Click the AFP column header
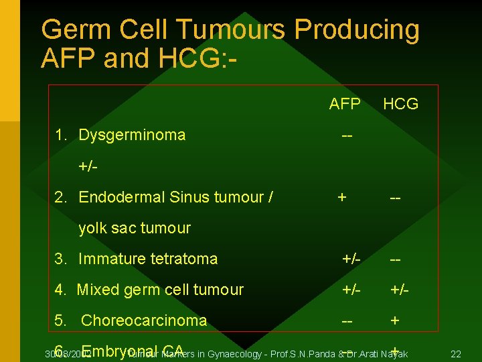click(345, 104)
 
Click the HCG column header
click(400, 104)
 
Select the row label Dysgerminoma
click(131, 135)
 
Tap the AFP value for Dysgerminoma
click(347, 135)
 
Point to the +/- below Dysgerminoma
click(88, 166)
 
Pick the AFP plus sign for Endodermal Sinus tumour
click(342, 197)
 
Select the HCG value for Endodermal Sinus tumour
click(395, 197)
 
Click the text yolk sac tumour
click(134, 228)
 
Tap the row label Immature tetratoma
click(147, 259)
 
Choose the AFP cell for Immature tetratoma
click(351, 259)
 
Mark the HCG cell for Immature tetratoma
click(395, 259)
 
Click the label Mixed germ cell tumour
click(159, 290)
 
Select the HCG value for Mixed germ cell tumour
click(400, 290)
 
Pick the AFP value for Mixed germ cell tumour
click(351, 290)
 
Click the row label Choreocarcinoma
click(143, 320)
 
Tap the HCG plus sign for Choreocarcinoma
click(395, 320)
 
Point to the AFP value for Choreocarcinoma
click(347, 320)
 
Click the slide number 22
click(456, 353)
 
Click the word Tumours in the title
click(231, 30)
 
